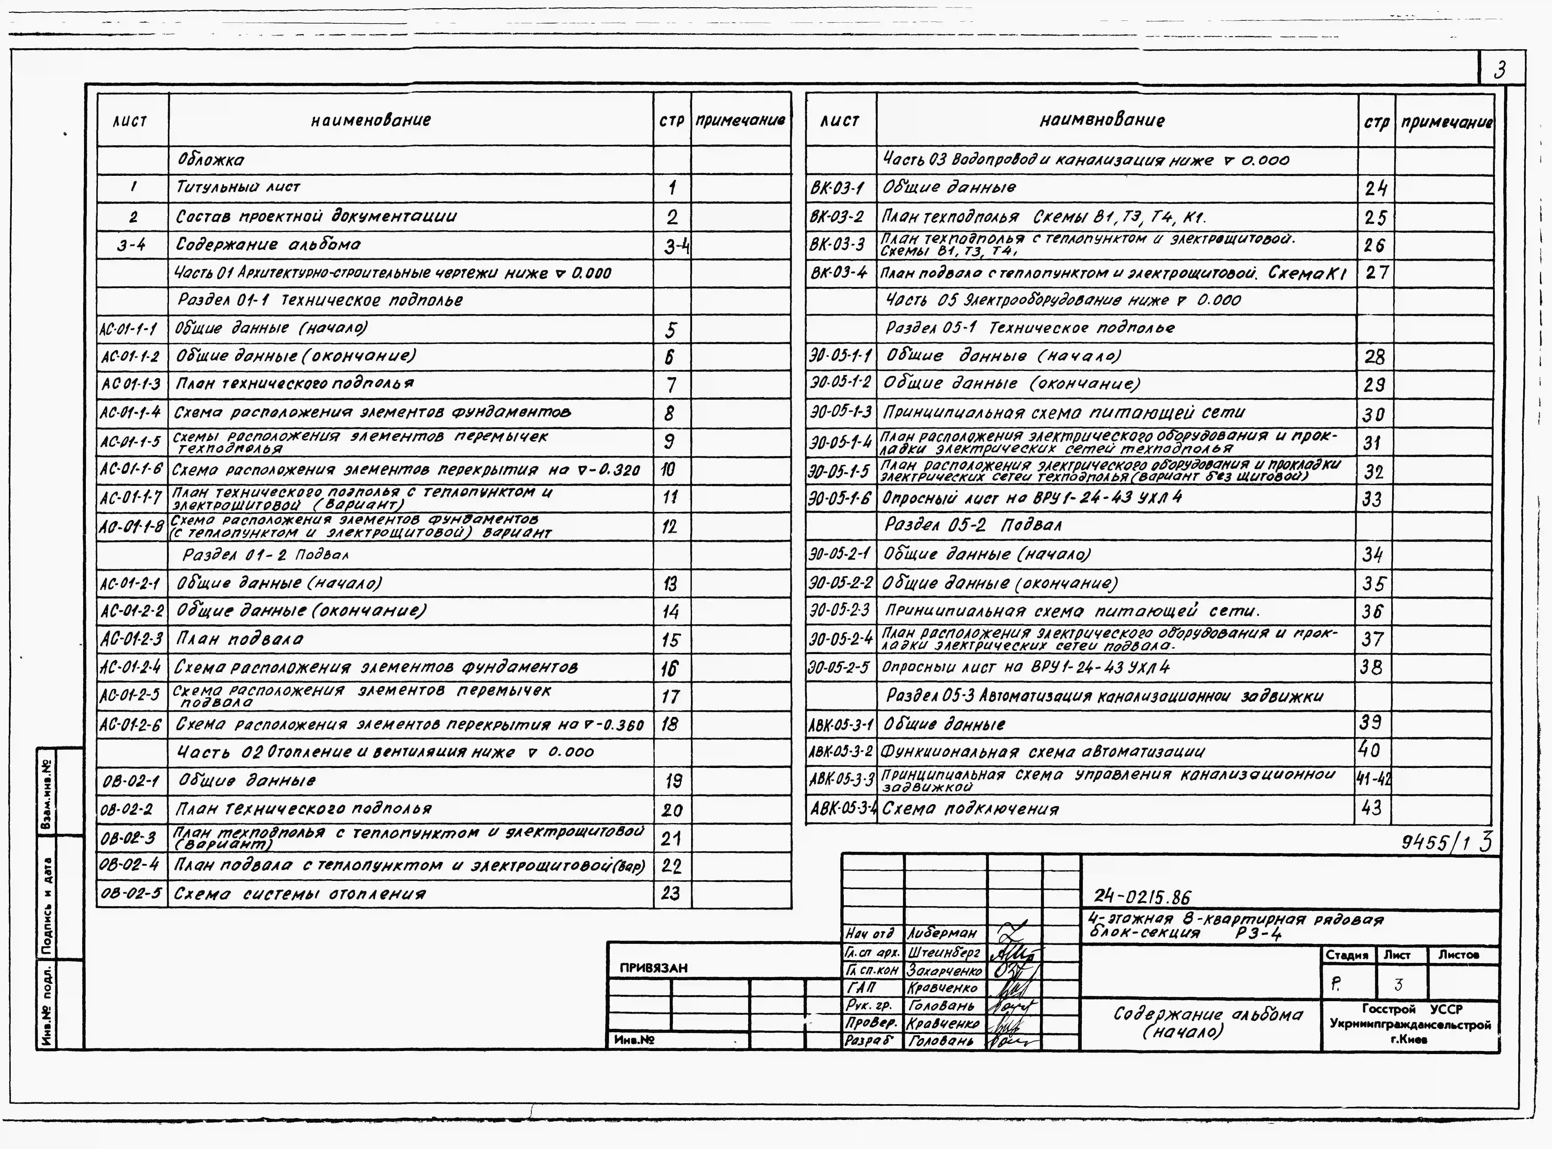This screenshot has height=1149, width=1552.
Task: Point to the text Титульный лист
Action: [238, 187]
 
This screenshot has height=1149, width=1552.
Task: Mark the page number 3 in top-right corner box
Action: [1500, 70]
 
